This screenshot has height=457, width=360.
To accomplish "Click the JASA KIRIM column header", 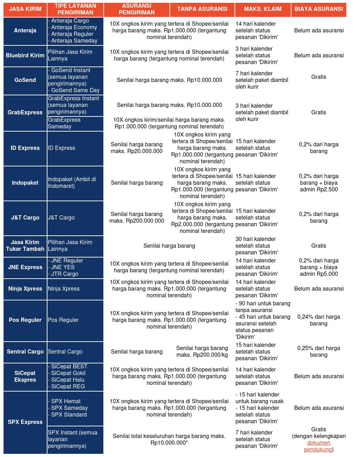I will tap(25, 9).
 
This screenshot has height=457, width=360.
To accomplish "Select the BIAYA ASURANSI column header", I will tap(319, 9).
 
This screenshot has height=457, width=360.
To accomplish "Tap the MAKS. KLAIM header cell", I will tap(263, 9).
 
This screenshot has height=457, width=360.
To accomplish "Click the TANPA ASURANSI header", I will tap(202, 9).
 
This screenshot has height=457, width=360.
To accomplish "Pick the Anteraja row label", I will tap(25, 31).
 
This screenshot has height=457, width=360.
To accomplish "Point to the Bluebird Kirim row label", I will tap(25, 56).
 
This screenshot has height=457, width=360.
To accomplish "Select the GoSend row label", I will tap(25, 80).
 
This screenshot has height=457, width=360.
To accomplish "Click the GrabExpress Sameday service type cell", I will tap(75, 123).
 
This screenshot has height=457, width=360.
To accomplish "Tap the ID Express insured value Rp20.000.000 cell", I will tap(136, 148).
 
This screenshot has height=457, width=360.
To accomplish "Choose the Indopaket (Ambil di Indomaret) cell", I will tap(75, 183).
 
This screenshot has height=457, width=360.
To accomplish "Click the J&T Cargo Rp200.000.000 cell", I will tap(136, 217).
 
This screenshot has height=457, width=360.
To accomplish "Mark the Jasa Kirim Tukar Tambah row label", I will tap(25, 246).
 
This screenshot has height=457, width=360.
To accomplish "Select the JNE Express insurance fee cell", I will tap(319, 267).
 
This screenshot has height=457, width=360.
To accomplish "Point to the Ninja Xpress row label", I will tap(25, 289).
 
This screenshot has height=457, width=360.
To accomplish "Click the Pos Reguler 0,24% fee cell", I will tap(319, 320).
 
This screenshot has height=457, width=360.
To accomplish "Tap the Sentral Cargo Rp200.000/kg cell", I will tap(202, 351).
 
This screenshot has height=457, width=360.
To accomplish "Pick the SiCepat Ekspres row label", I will tap(25, 376).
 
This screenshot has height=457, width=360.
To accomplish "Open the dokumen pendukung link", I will tap(319, 446).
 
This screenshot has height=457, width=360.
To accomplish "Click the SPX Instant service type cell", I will tap(75, 439).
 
